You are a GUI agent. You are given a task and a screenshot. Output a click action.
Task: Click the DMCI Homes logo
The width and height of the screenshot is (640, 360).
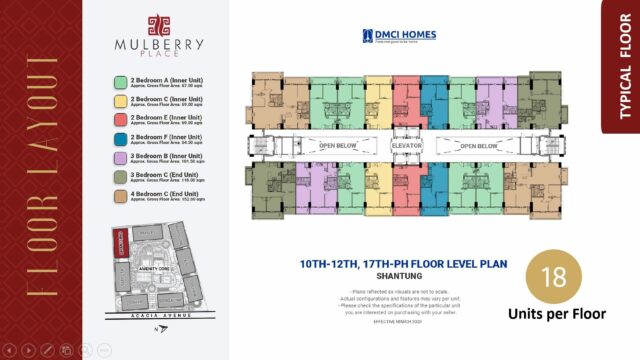click(400, 36)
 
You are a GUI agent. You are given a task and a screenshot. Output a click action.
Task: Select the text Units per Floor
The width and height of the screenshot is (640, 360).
click(558, 314)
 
